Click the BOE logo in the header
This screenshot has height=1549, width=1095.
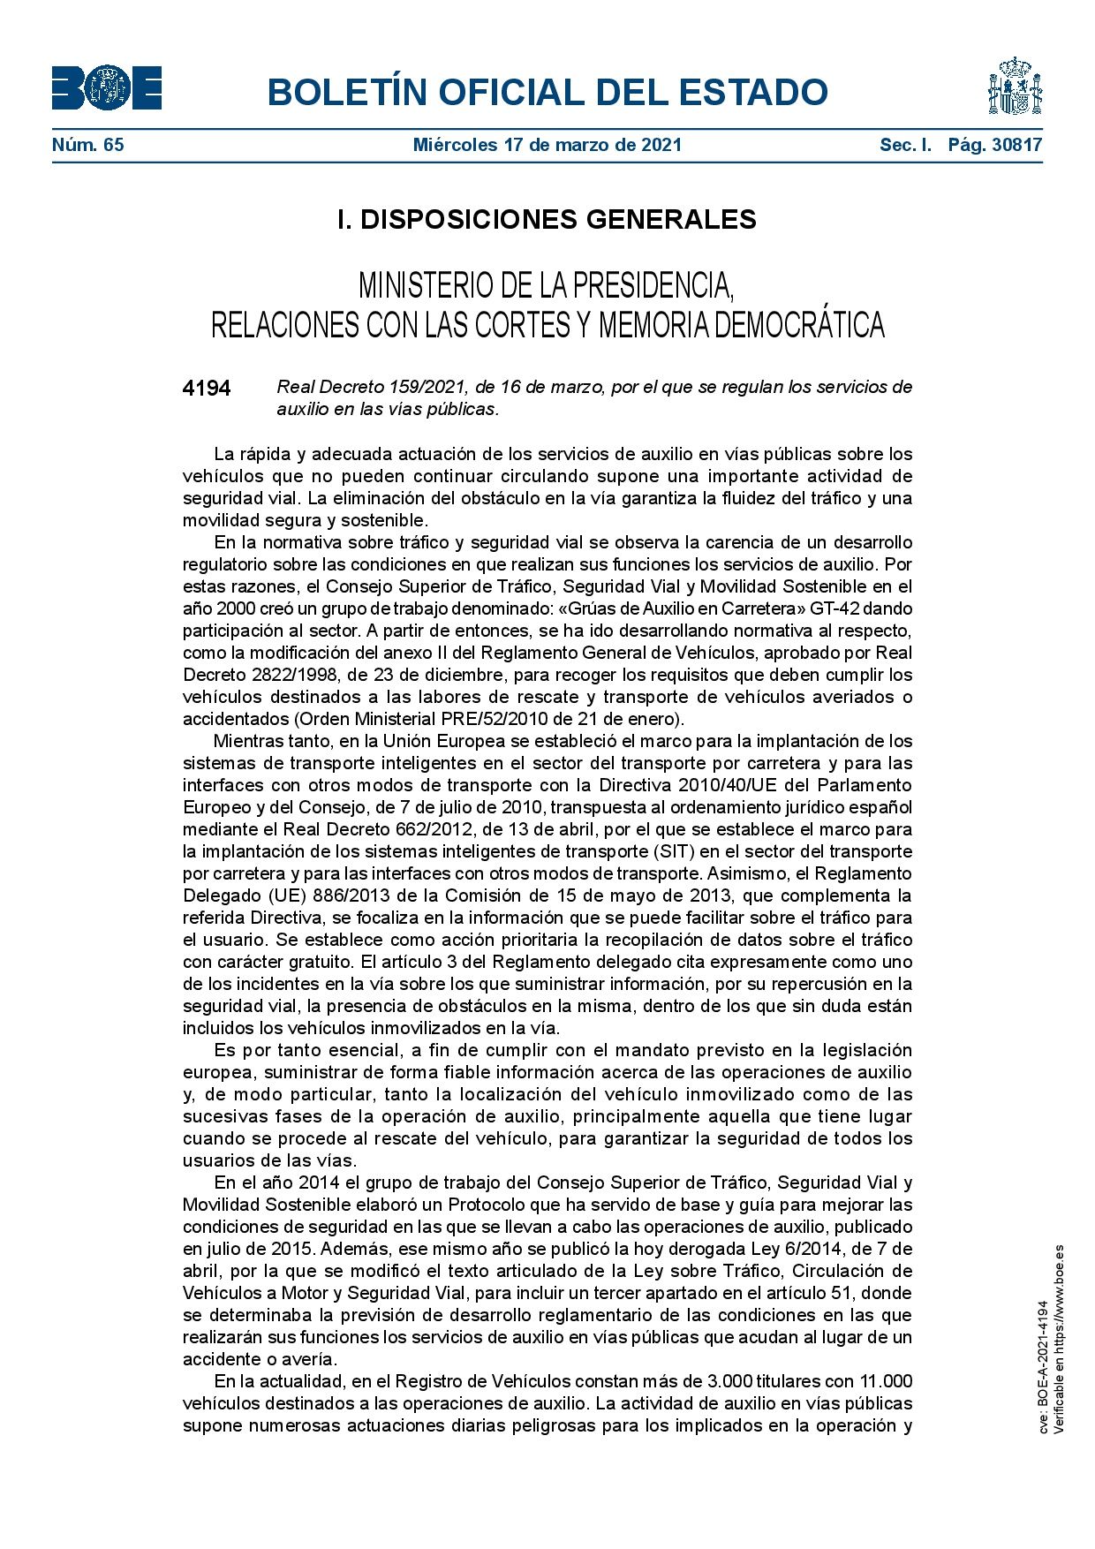[x=107, y=88]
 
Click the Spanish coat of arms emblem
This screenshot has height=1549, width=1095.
[x=1014, y=87]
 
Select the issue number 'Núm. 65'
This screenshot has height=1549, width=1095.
[x=87, y=145]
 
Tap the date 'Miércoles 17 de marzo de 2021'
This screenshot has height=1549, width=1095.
[x=547, y=145]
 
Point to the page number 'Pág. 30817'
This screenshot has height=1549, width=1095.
[x=995, y=145]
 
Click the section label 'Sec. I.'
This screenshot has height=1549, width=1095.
[x=905, y=145]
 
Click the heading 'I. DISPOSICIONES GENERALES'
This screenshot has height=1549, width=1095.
[x=547, y=219]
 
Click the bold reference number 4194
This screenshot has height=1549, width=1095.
[x=207, y=389]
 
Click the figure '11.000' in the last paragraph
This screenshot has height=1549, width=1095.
[x=886, y=1381]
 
